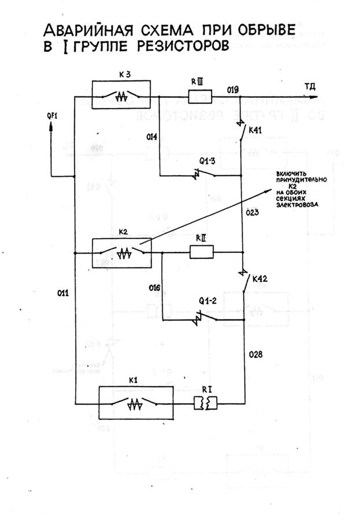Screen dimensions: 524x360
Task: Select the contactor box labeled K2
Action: (121, 252)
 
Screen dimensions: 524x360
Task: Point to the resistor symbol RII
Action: (202, 251)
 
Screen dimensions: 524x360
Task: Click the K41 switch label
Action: (256, 131)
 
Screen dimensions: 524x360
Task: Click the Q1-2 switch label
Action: (206, 301)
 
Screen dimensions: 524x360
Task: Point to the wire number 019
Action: (233, 90)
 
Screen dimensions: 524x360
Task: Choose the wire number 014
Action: (151, 137)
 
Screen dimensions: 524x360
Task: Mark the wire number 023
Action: (251, 213)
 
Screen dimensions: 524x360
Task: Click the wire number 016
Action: (154, 287)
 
